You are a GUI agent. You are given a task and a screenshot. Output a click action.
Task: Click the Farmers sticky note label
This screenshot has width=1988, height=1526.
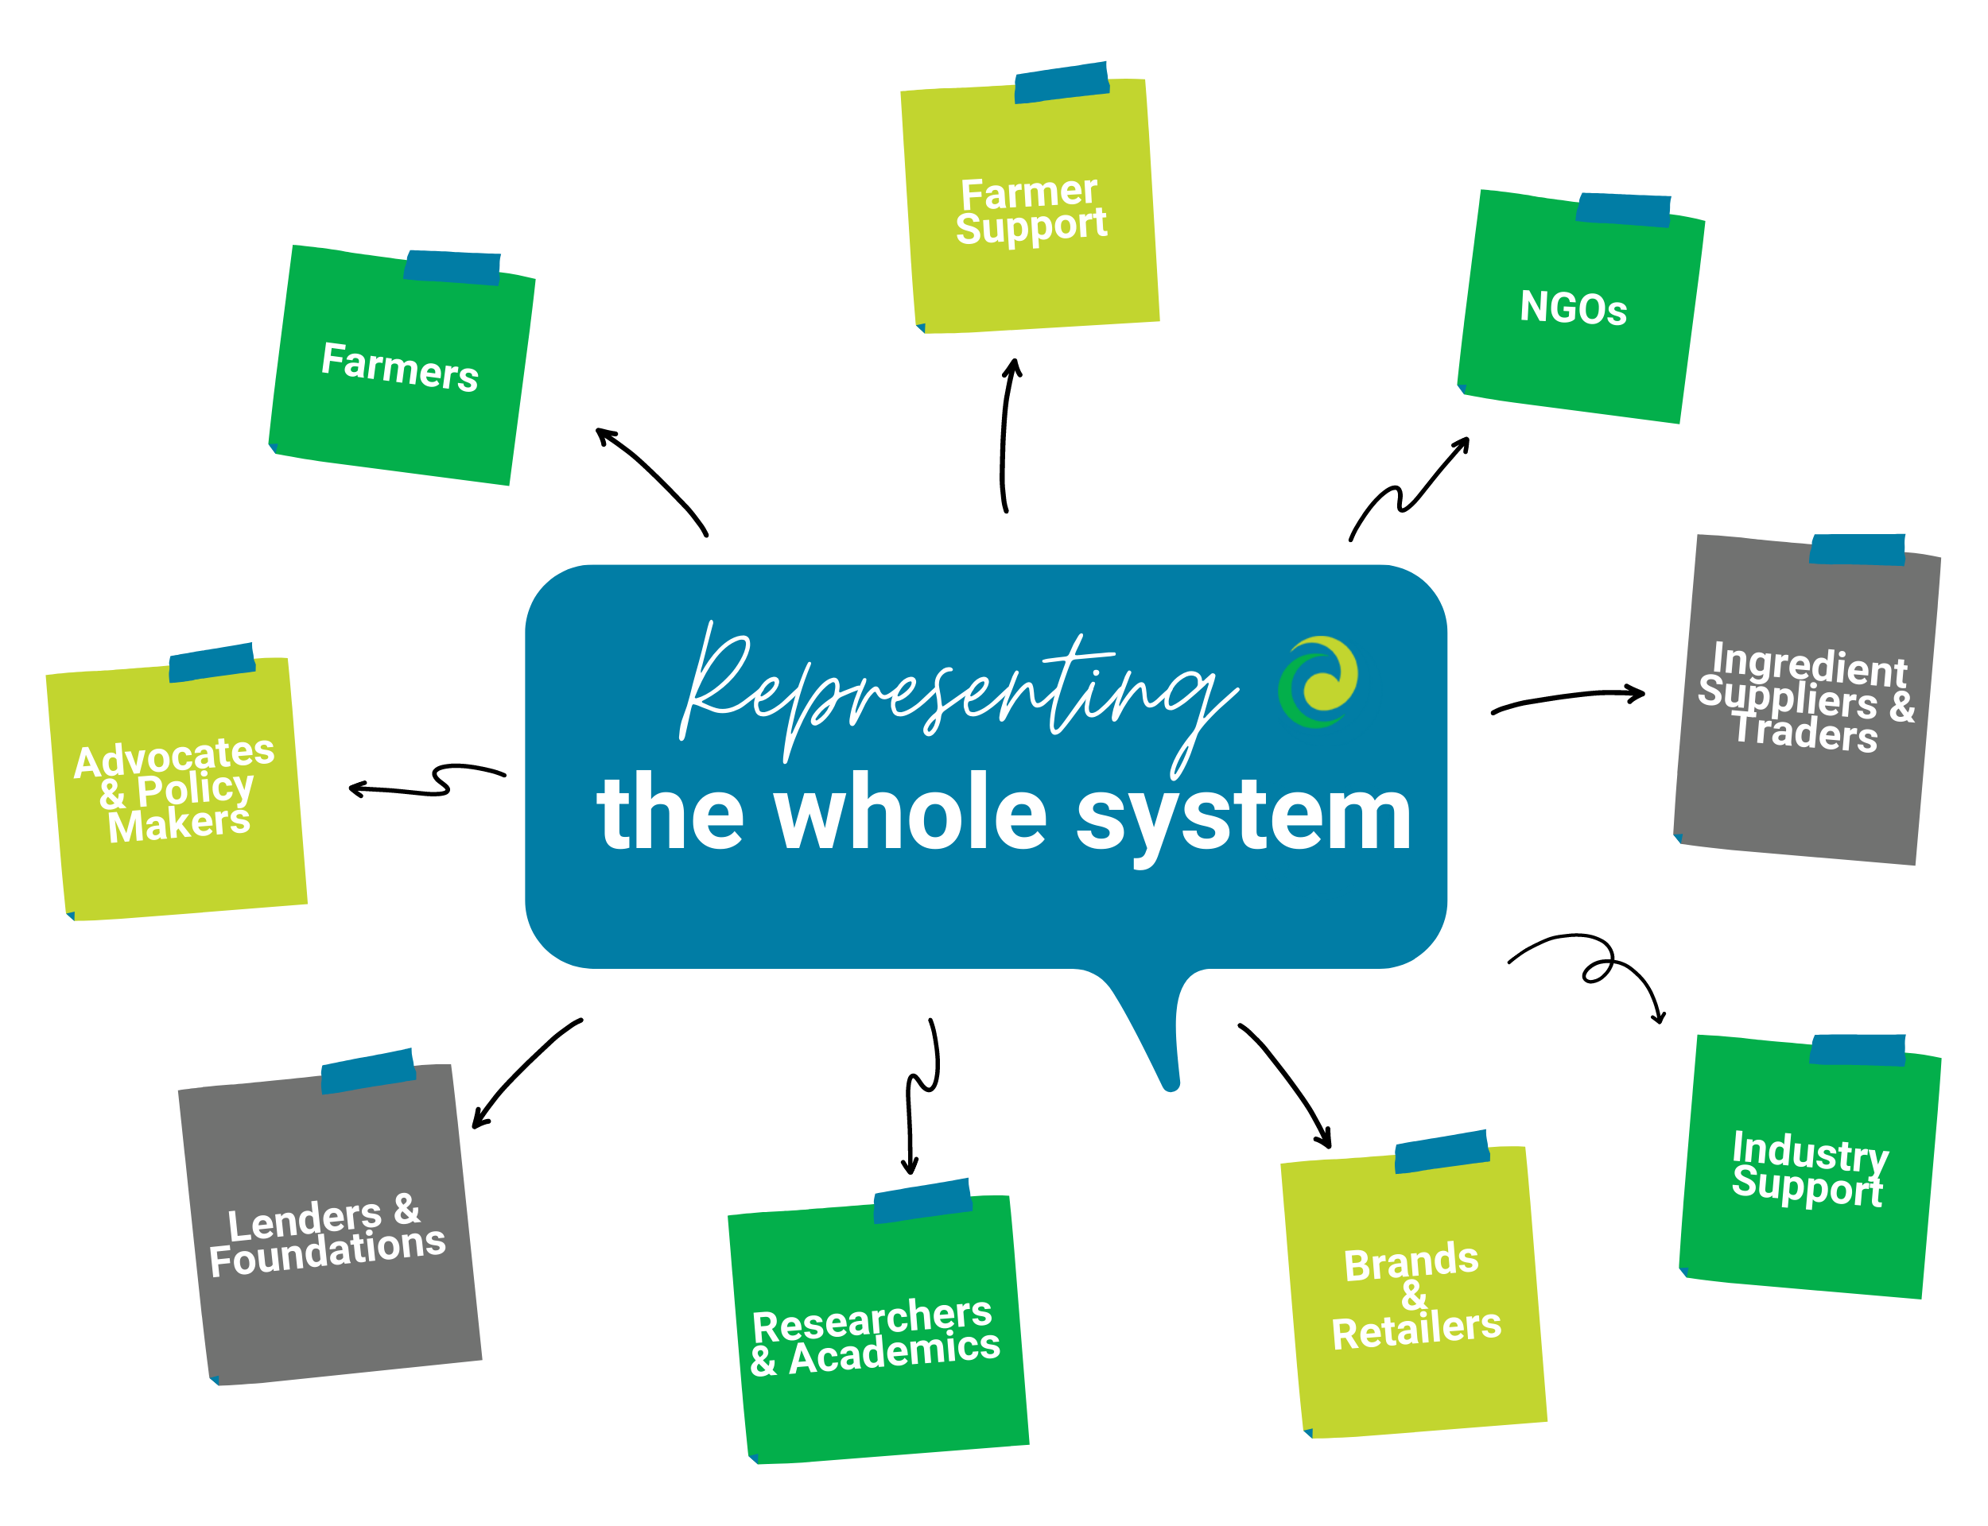399,366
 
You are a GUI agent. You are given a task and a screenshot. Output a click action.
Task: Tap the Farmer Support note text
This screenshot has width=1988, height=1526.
1031,210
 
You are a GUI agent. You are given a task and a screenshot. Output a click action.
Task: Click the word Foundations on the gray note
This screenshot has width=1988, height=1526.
327,1250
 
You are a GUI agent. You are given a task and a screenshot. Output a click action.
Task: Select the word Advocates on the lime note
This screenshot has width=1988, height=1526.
173,755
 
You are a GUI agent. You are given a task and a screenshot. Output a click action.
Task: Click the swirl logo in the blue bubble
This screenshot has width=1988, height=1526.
1317,681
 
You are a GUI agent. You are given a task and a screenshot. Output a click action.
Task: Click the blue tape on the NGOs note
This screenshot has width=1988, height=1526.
1623,209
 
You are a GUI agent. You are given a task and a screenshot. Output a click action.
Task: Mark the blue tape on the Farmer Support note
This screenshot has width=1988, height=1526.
1062,83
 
